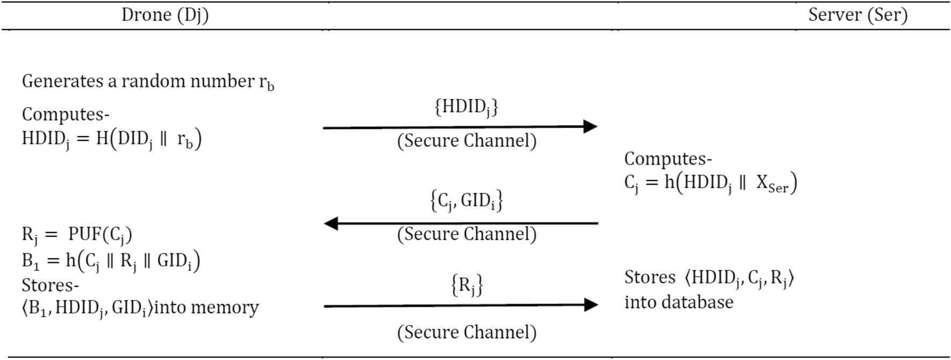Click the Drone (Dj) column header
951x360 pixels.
[165, 15]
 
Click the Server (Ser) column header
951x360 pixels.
[857, 15]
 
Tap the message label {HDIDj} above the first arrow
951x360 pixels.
[466, 107]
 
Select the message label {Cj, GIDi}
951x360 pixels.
[466, 201]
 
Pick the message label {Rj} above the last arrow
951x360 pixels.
[467, 285]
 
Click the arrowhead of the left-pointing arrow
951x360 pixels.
[331, 223]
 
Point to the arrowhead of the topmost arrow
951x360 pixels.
[590, 126]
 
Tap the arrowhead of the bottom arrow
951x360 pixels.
[590, 305]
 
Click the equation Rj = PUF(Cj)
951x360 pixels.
[77, 235]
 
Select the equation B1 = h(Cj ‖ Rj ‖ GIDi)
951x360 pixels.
[111, 261]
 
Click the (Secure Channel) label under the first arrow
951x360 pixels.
[467, 141]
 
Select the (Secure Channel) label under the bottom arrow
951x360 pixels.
[467, 332]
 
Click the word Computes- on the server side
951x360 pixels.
[668, 159]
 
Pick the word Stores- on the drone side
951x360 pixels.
[50, 284]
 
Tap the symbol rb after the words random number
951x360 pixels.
[266, 82]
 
